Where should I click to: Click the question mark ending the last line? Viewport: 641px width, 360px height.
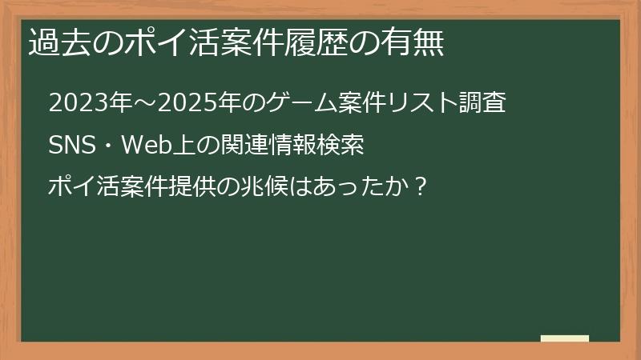[x=421, y=189]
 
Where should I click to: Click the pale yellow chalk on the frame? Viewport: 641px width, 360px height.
[x=565, y=338]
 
